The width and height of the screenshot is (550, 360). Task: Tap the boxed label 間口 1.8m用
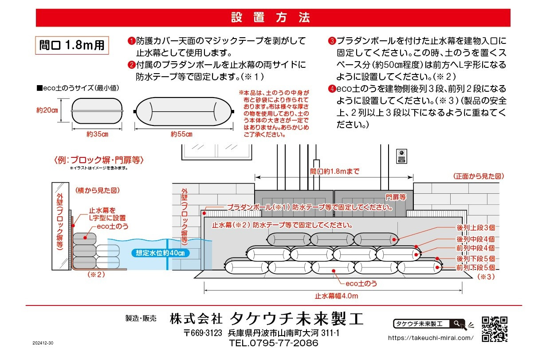point(72,46)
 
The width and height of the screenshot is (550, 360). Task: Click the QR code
point(494,329)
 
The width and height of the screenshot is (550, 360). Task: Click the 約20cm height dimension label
point(47,110)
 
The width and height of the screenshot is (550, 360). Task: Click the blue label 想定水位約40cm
point(161,253)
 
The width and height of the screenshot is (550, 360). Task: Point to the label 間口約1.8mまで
point(334,171)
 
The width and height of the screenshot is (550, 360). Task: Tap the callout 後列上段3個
point(476,227)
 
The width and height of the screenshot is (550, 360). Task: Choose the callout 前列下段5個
point(476,267)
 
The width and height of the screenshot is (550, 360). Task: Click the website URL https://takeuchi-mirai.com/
point(430,337)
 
